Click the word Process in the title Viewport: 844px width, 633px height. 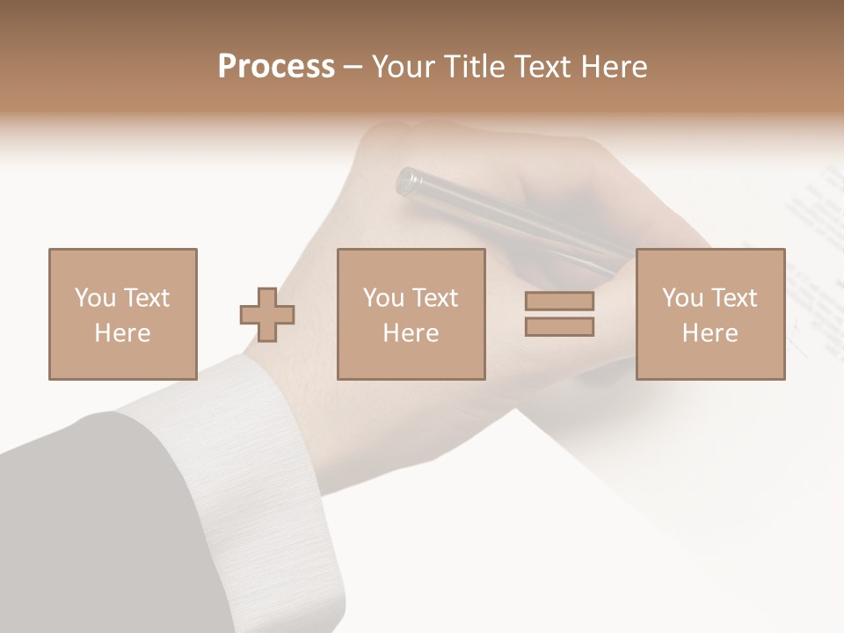click(x=276, y=67)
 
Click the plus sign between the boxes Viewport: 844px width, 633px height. click(x=267, y=314)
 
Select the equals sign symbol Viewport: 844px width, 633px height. click(x=559, y=314)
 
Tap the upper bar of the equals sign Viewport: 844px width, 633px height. click(x=559, y=302)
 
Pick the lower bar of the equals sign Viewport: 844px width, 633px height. click(x=559, y=326)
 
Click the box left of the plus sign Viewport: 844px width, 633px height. click(x=123, y=314)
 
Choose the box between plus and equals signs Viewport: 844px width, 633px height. click(x=411, y=314)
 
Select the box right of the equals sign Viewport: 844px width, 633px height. click(x=710, y=314)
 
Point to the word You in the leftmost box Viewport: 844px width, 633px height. click(x=94, y=298)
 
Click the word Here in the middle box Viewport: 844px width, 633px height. click(x=411, y=333)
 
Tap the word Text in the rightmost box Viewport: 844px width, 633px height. click(x=733, y=298)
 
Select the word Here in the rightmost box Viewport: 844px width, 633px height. click(x=710, y=333)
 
